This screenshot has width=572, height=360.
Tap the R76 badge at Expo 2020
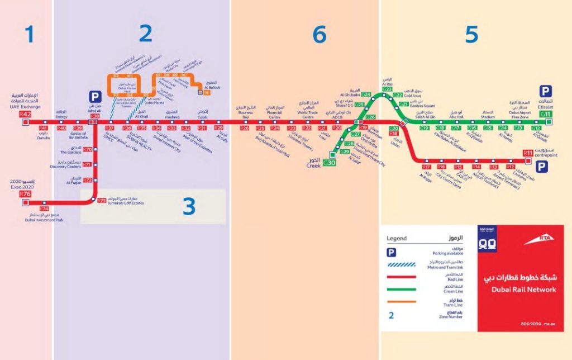click(x=25, y=194)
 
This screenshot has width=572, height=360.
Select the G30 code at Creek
click(x=329, y=163)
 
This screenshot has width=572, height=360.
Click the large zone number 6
click(x=319, y=35)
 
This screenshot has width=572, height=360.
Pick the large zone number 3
click(x=189, y=207)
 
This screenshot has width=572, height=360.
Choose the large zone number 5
click(x=471, y=35)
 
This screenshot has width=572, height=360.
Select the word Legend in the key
click(x=397, y=238)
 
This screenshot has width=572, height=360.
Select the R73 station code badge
click(x=102, y=200)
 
